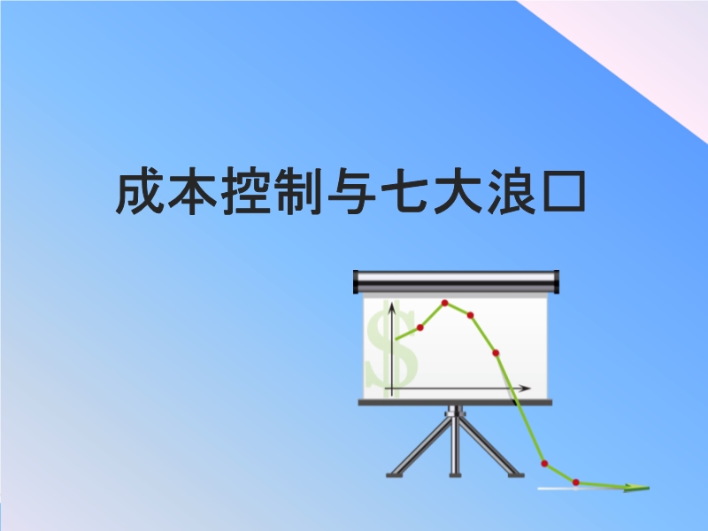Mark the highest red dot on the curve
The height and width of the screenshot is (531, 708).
pyautogui.click(x=445, y=303)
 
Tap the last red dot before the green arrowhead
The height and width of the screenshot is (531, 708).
pyautogui.click(x=576, y=482)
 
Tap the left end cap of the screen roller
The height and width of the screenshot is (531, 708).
pyautogui.click(x=357, y=281)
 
